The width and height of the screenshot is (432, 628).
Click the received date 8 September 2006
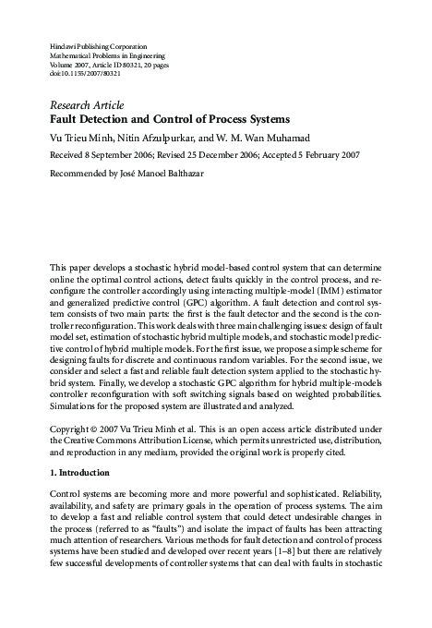[119, 156]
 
